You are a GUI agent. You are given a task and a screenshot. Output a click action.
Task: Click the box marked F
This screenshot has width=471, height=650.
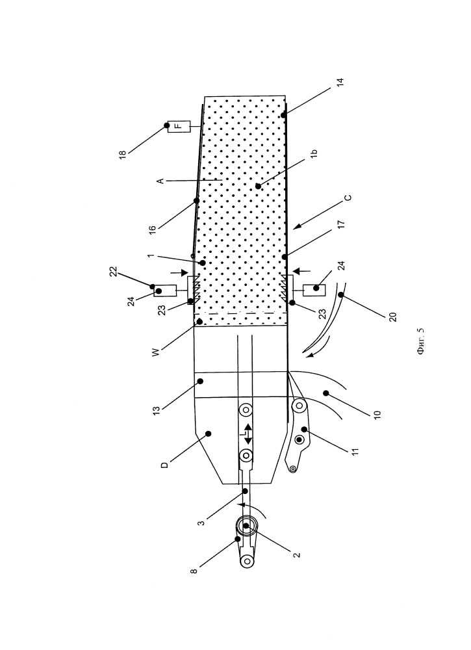point(179,127)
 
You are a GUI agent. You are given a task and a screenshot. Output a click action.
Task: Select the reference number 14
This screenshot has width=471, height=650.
point(340,82)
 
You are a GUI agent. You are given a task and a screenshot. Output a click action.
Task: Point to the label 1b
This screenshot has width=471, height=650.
point(314,153)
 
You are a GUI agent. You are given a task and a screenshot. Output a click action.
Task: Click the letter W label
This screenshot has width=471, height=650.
point(156,352)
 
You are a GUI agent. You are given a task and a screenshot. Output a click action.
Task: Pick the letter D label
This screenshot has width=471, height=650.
point(164,465)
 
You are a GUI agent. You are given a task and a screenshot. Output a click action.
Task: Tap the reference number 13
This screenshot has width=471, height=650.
point(156,411)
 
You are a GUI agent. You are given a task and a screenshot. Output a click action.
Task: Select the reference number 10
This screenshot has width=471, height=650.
point(377,415)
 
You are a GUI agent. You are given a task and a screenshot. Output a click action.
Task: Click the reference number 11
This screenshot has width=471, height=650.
point(355,451)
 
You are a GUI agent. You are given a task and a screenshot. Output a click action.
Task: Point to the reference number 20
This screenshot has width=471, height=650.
point(393,317)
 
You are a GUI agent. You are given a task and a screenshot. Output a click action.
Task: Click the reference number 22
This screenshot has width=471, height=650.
point(114,272)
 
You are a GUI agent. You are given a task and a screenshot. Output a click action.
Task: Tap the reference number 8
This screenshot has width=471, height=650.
point(194,571)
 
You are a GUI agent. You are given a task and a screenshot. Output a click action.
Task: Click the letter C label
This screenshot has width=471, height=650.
point(348,198)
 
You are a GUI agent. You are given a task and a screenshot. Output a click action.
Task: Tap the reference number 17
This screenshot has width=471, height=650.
point(341,225)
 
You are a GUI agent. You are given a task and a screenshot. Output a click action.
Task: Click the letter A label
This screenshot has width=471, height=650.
point(160,181)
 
